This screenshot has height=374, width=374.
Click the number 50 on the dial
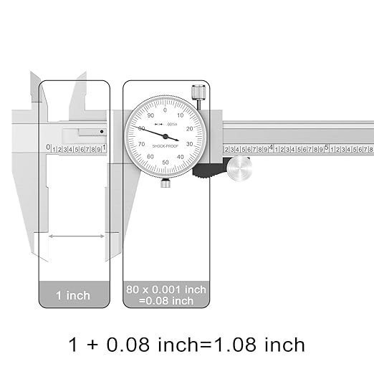(x=166, y=163)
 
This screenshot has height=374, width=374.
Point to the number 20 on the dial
(x=189, y=128)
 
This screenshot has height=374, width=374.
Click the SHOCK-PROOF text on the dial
(x=166, y=150)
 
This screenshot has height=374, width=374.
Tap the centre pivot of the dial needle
(x=166, y=136)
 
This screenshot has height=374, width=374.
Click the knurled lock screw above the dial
(x=198, y=94)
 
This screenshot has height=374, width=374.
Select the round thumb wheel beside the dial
(x=239, y=168)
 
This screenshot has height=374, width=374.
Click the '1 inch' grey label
(x=74, y=295)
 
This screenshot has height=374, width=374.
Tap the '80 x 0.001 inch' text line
(x=166, y=289)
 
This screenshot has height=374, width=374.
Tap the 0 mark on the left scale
(x=48, y=148)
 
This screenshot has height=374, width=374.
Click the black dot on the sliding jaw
(x=102, y=131)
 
